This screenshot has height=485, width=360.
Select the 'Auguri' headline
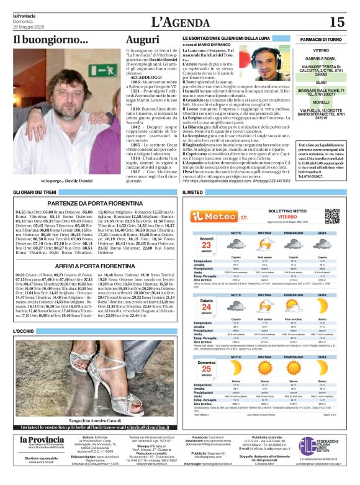click(142, 39)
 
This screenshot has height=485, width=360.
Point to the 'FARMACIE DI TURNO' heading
click(321, 39)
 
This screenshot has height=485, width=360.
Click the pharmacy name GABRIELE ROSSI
click(321, 57)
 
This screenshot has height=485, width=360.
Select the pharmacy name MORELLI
click(321, 102)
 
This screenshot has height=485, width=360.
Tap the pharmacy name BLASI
click(321, 81)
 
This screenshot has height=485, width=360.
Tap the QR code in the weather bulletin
click(332, 215)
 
